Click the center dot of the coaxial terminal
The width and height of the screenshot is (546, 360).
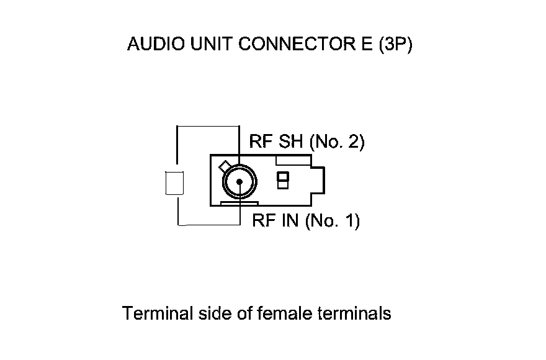pyautogui.click(x=239, y=182)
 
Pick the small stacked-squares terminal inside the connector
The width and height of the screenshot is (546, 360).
pyautogui.click(x=283, y=180)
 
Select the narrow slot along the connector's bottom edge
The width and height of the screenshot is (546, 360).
pyautogui.click(x=239, y=202)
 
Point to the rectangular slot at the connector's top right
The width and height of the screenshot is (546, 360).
pyautogui.click(x=292, y=160)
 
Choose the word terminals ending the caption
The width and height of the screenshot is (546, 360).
pyautogui.click(x=354, y=313)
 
